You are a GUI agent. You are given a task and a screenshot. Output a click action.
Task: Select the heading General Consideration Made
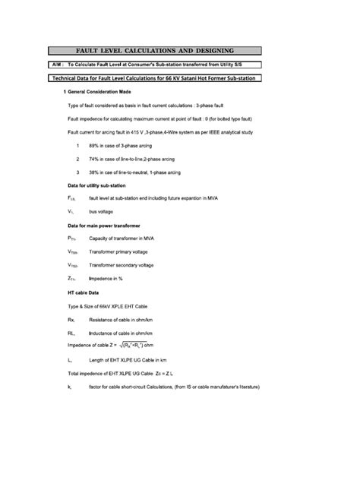[104, 90]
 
